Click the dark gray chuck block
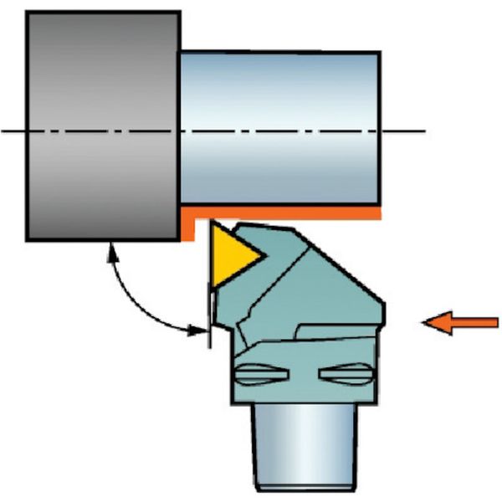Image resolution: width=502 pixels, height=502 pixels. pos(103,125)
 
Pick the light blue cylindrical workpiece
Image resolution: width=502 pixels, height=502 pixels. pos(280,125)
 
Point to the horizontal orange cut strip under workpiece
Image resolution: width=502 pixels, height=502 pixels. pos(284,214)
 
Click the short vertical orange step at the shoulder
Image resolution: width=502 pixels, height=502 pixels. pos(188,225)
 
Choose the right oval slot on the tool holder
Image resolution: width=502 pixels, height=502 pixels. pos(347,376)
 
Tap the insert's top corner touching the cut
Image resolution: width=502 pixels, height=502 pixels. pos(213,223)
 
